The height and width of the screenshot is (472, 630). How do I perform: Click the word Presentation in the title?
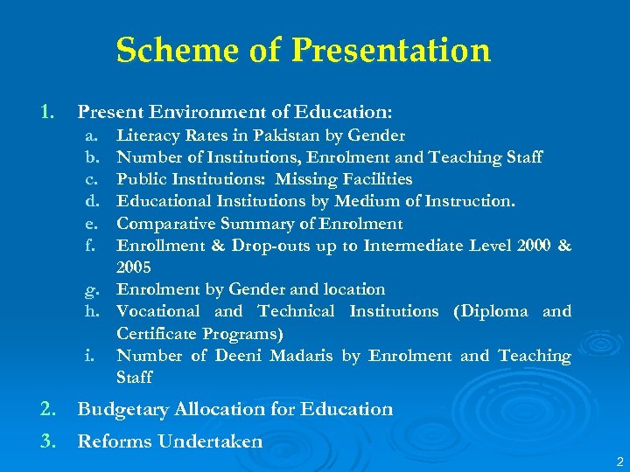pos(391,51)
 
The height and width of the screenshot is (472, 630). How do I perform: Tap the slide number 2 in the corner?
pos(619,461)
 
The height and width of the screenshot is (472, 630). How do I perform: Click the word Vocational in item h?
pos(159,311)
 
